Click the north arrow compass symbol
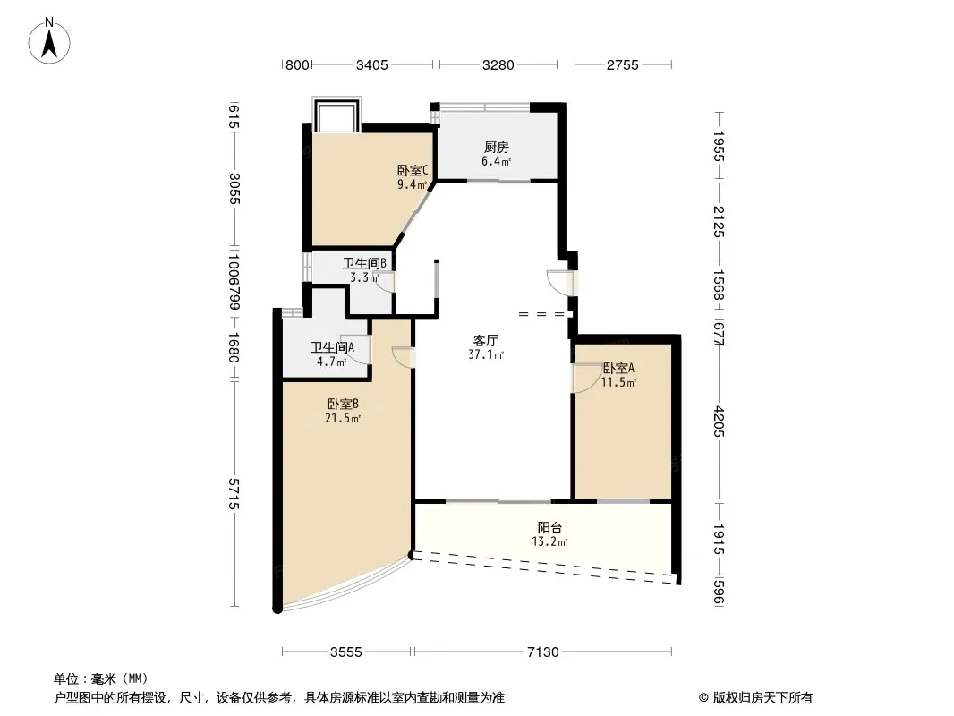point(49,41)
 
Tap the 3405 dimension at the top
point(371,64)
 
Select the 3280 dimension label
point(498,64)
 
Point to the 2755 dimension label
point(622,64)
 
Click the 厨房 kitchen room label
point(497,147)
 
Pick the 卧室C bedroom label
point(413,170)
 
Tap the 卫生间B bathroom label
point(364,263)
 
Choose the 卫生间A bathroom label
point(332,347)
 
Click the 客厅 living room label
point(486,341)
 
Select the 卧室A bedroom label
point(618,368)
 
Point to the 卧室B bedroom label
point(343,404)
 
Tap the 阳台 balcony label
point(549,528)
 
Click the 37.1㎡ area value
point(486,354)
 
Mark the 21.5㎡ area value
point(343,418)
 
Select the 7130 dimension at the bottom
point(542,652)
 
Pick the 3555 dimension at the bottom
point(346,652)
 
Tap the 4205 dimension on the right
point(719,421)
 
